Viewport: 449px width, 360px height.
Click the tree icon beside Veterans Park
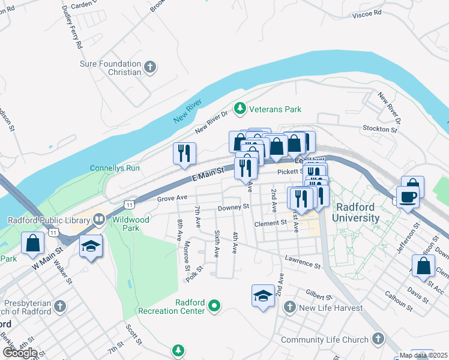(240, 109)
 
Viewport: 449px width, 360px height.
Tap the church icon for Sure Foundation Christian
(149, 67)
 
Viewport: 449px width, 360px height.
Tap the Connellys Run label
(115, 168)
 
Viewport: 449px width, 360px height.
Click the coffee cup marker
(408, 197)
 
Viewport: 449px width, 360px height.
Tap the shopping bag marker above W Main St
(32, 244)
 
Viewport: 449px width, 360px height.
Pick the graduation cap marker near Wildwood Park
(91, 247)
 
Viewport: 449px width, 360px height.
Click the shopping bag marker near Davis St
(423, 266)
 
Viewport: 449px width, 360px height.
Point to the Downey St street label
(233, 207)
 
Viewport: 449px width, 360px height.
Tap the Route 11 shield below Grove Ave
(129, 205)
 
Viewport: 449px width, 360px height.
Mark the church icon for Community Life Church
(378, 339)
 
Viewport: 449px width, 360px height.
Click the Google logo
(19, 352)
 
